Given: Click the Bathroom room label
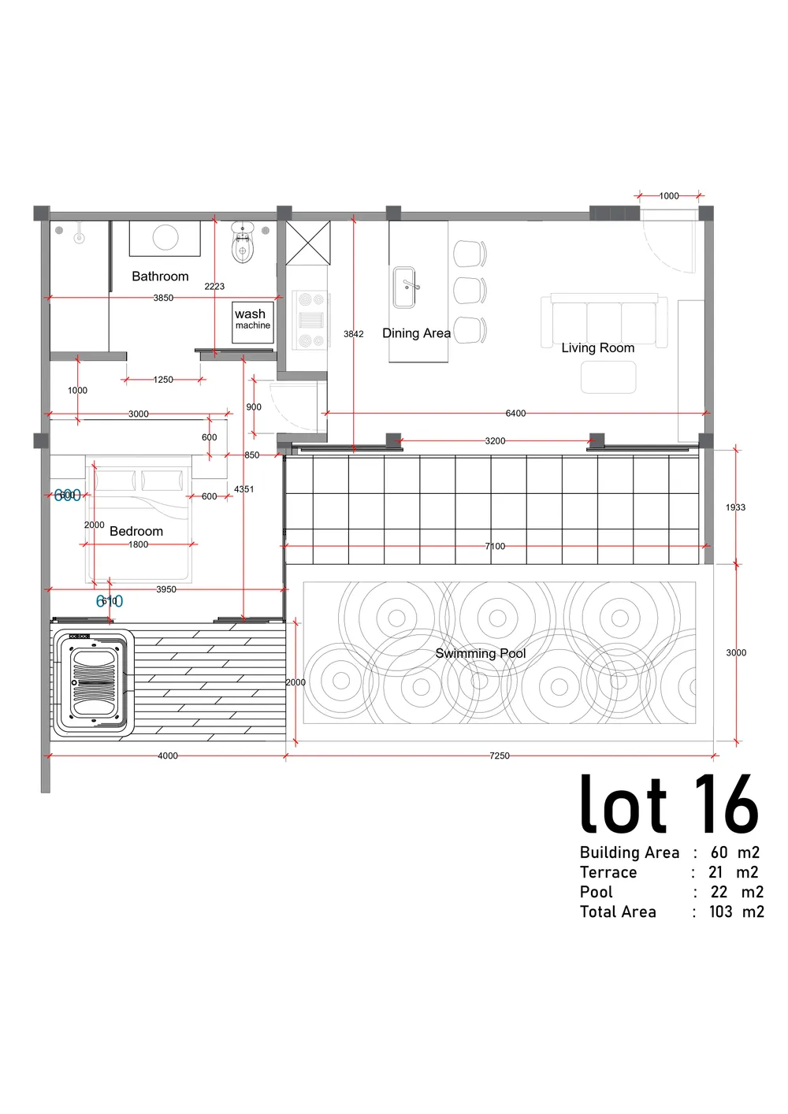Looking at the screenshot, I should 160,277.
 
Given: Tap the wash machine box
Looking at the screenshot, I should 252,321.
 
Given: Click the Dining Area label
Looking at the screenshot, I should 416,333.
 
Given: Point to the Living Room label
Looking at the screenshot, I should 597,347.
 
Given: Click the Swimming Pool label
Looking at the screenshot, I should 480,653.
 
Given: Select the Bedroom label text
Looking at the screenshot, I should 136,531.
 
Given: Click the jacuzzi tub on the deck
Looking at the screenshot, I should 94,683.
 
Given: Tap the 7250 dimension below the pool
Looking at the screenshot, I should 499,756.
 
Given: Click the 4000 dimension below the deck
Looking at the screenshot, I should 167,756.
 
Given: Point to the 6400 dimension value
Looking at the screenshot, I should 515,414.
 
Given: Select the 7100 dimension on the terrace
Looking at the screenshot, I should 495,546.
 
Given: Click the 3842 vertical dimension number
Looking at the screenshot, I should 354,334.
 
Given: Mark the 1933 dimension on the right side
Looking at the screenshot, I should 735,507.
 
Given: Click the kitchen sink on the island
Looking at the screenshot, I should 405,288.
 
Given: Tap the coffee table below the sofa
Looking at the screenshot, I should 608,377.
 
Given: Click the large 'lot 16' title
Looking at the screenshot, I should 668,805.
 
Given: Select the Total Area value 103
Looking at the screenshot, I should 720,912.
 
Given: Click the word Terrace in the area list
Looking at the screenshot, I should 608,872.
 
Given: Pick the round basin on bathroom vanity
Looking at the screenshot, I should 165,238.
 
